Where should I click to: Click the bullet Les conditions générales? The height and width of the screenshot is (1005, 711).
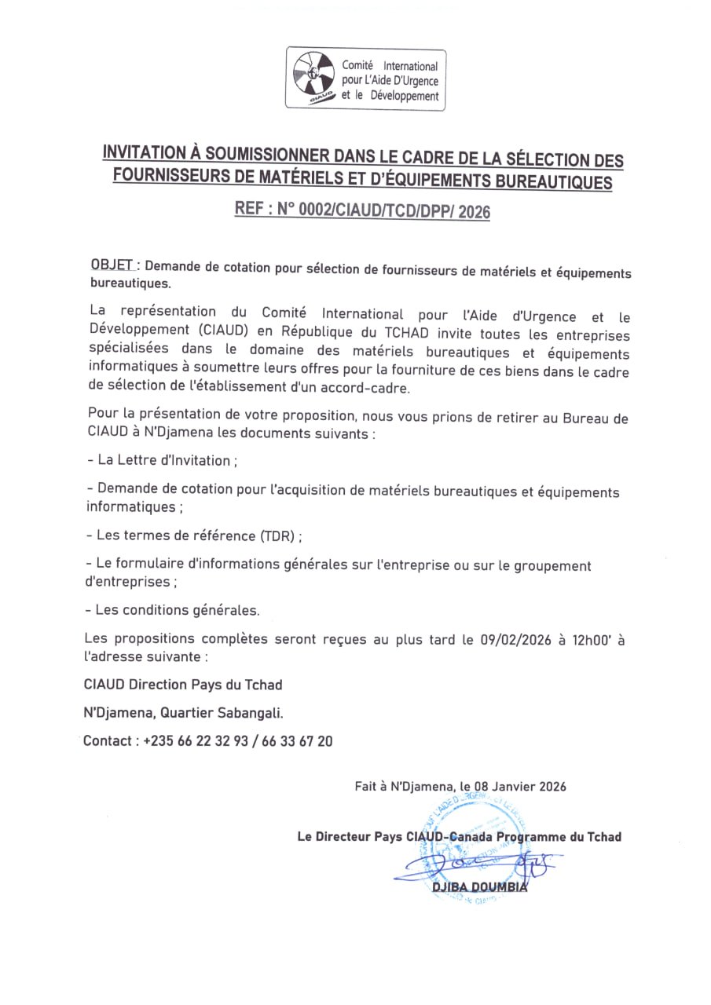[x=178, y=609]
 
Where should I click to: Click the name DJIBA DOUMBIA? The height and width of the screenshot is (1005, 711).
[x=479, y=887]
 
